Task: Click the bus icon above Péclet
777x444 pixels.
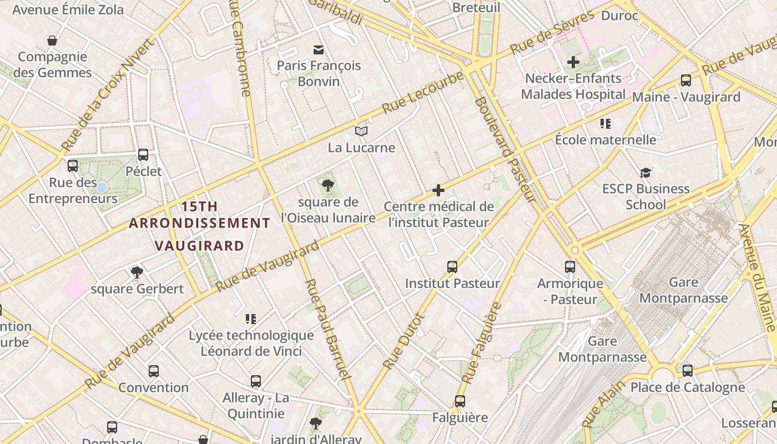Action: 143,155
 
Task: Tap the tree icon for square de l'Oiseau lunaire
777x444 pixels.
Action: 328,185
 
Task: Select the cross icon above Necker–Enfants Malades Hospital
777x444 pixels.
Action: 573,62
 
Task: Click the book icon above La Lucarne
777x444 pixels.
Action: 361,132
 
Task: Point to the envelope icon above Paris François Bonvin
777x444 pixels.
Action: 319,50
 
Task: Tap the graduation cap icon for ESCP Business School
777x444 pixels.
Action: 645,173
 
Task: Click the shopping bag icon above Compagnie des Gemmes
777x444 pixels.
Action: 52,41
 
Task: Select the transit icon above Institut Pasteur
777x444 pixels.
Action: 452,267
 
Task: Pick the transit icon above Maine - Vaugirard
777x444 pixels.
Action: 686,80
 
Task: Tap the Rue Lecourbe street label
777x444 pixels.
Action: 423,92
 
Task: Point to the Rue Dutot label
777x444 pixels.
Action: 404,341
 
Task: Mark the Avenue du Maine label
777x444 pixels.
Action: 758,277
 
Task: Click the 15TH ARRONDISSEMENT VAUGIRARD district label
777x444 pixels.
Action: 199,226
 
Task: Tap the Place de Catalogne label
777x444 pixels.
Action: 687,387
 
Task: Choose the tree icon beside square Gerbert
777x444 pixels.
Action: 137,272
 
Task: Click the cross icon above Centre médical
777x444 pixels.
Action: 438,191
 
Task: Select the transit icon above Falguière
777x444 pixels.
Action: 460,401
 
